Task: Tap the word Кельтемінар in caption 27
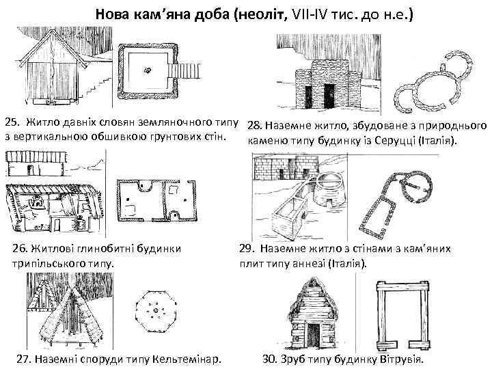point(188,359)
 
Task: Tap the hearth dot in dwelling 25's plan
point(148,69)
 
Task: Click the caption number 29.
point(245,249)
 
